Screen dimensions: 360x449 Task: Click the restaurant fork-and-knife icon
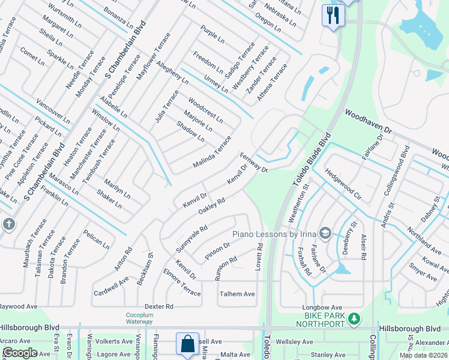click(x=332, y=14)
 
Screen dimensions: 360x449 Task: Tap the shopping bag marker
click(x=187, y=344)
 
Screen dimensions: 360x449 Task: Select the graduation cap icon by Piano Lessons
click(x=325, y=233)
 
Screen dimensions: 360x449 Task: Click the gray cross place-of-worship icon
click(x=8, y=224)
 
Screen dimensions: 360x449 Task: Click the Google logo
click(x=20, y=353)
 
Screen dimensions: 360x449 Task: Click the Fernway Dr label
click(x=253, y=162)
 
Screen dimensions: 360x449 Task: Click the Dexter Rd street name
click(x=159, y=306)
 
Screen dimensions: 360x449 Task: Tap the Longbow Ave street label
click(x=322, y=308)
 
